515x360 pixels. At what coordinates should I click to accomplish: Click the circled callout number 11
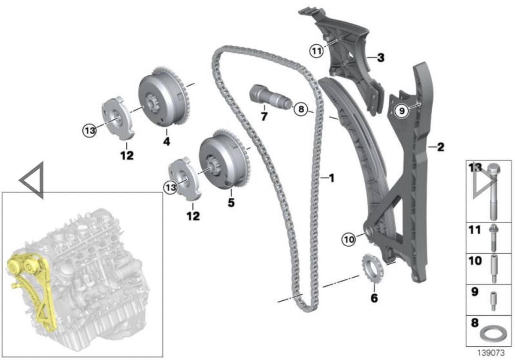coord(317,51)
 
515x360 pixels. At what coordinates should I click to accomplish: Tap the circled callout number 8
coord(301,109)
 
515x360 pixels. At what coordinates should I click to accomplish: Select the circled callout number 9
coord(402,111)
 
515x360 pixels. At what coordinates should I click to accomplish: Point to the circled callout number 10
coord(349,240)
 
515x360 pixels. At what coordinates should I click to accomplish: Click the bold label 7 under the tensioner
coord(264,117)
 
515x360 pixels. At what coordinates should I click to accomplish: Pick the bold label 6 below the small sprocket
coord(374,298)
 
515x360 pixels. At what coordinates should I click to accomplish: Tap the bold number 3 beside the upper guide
coord(381,57)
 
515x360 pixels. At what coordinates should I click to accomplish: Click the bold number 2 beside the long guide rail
coord(440,147)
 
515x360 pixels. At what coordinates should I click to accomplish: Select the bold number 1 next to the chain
coord(331,178)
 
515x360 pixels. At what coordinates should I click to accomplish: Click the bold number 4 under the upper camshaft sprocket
coord(167,141)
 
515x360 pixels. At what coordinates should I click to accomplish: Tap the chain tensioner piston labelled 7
coord(270,98)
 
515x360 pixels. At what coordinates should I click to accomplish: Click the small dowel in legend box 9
coord(493,301)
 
